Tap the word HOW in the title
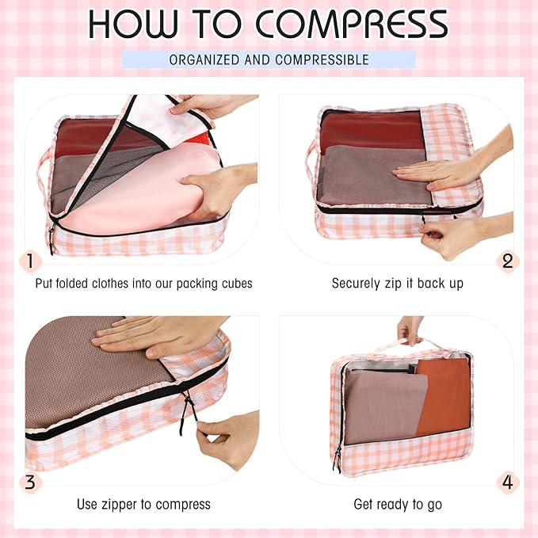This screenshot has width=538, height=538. (131, 25)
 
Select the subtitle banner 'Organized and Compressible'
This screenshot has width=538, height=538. (269, 59)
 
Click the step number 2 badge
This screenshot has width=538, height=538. (508, 261)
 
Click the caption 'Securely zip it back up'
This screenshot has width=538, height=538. (397, 283)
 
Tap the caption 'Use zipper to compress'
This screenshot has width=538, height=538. (143, 504)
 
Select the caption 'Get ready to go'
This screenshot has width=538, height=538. (397, 504)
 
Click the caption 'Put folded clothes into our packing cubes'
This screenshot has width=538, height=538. (143, 283)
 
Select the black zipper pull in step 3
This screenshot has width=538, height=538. (187, 408)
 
